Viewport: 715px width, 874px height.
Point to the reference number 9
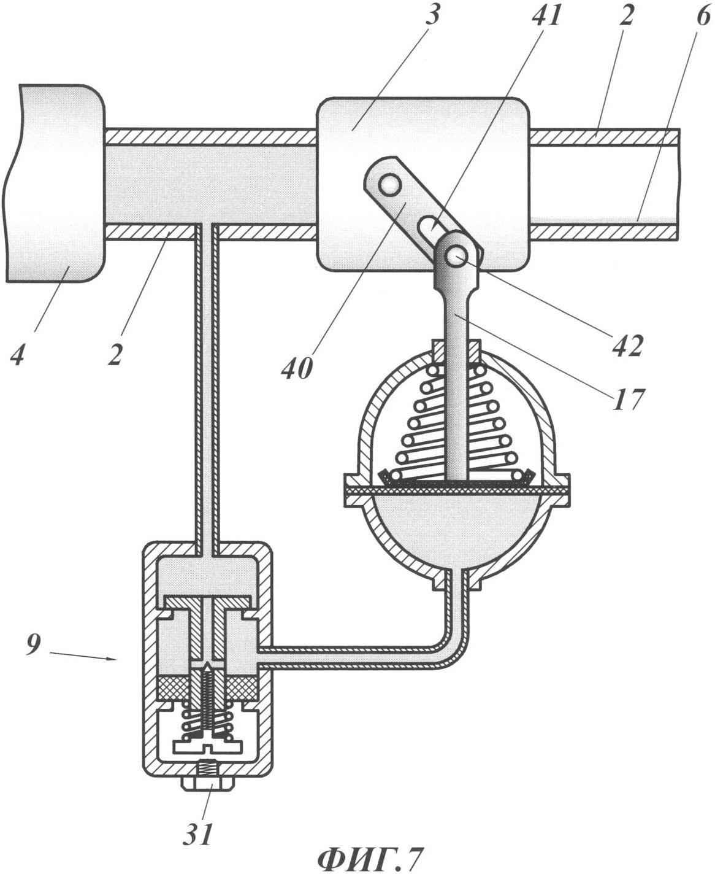(33, 646)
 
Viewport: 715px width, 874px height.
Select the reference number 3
(432, 15)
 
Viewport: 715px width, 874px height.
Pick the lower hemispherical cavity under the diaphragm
(454, 528)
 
